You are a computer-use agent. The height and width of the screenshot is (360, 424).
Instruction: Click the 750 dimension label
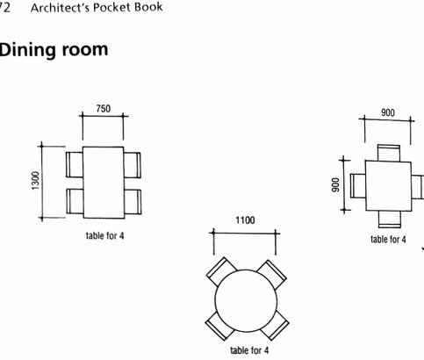click(104, 109)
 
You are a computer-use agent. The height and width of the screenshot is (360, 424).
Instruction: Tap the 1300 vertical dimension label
click(35, 181)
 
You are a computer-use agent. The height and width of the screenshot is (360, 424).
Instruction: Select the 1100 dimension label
click(245, 220)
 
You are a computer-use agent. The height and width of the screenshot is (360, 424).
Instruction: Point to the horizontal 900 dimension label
click(388, 112)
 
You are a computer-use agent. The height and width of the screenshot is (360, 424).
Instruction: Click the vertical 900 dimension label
click(335, 185)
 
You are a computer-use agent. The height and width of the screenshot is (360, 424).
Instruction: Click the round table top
click(246, 300)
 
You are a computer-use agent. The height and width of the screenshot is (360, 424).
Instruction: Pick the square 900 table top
click(388, 186)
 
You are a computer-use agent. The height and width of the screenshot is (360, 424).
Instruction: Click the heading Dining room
click(54, 50)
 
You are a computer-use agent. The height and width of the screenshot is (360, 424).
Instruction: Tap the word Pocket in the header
click(111, 8)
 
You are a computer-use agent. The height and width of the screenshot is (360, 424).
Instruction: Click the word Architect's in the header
click(61, 8)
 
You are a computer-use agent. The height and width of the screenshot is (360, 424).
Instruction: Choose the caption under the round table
click(249, 350)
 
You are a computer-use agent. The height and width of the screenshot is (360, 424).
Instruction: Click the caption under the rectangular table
click(104, 235)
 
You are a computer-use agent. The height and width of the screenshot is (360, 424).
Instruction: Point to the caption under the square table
click(388, 240)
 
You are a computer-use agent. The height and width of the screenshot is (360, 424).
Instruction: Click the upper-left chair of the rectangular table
click(75, 164)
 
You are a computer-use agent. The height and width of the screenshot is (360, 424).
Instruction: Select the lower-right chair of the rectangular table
click(133, 202)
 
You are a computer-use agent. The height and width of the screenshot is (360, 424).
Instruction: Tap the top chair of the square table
click(389, 153)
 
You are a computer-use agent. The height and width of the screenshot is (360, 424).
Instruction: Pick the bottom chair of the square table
click(389, 220)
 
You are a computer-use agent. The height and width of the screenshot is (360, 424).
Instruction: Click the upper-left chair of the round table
click(221, 271)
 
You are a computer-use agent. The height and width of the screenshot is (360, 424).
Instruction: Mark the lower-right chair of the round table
click(275, 326)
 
